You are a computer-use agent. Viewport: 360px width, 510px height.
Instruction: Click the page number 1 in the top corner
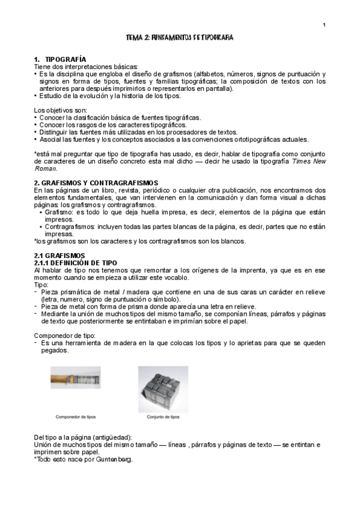(x=324, y=25)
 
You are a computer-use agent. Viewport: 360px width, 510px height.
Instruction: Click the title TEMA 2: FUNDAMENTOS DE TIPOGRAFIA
(x=180, y=38)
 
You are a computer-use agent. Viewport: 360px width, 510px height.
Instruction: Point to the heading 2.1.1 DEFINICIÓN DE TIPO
(x=75, y=263)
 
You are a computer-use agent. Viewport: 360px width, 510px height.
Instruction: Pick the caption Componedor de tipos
(x=76, y=416)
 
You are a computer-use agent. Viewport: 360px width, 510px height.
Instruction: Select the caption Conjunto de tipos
(x=163, y=416)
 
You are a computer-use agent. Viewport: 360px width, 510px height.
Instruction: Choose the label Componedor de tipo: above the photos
(x=63, y=334)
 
